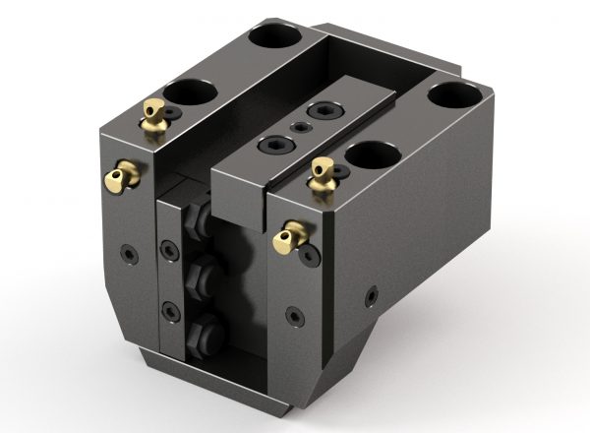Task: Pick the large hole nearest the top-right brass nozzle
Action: tap(372, 155)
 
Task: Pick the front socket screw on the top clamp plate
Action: tap(269, 145)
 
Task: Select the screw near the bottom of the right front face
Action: tap(293, 316)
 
